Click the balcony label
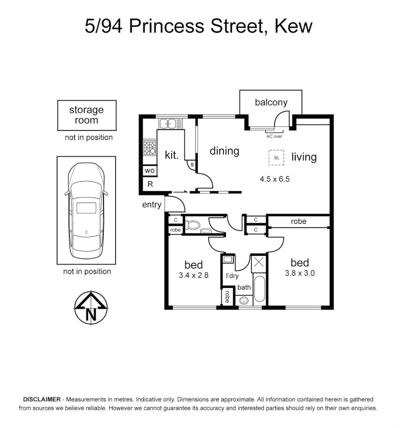click(271, 102)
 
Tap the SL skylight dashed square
click(277, 157)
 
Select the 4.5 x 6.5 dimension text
click(275, 179)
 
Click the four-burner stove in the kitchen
click(149, 148)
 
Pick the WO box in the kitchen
click(149, 171)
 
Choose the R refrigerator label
click(150, 184)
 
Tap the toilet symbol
click(193, 225)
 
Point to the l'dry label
click(232, 276)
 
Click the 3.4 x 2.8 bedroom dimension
click(193, 275)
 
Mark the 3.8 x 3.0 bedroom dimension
click(300, 273)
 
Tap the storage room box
click(87, 115)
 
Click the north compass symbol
click(91, 308)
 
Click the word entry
click(152, 204)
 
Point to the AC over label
click(274, 136)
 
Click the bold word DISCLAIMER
click(42, 399)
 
